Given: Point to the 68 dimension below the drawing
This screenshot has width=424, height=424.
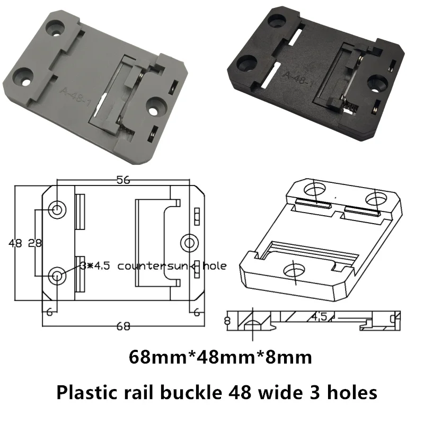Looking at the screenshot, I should [122, 326].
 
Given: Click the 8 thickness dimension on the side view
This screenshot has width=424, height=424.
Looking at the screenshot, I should [228, 320].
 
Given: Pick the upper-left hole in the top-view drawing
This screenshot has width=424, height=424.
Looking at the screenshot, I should [57, 210].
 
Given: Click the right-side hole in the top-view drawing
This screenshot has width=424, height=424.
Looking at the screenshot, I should [189, 243].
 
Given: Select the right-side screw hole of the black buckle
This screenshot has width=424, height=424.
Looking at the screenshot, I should [378, 82].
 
